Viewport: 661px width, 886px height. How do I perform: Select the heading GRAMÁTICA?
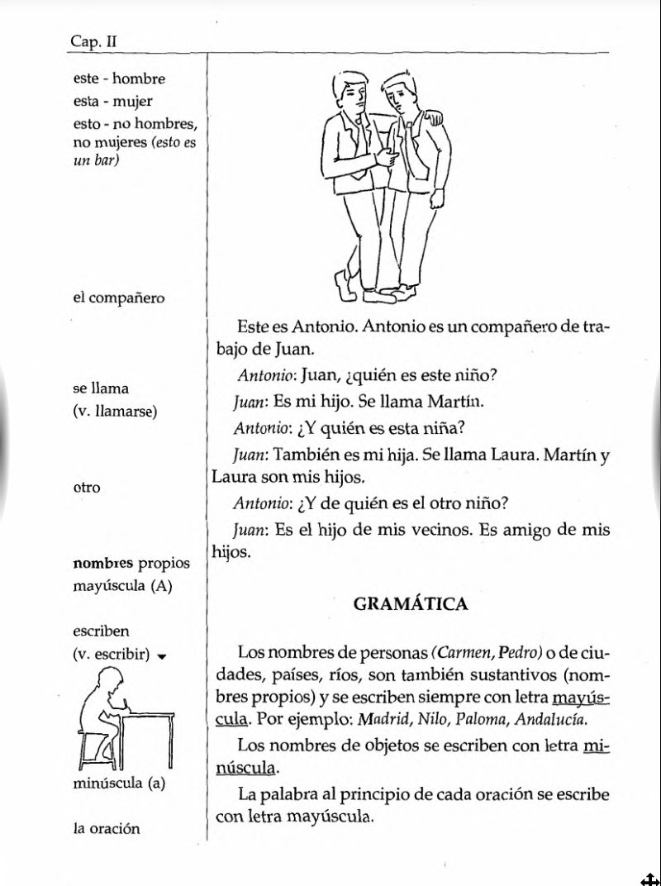pos(410,604)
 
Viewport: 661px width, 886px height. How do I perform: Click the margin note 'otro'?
pos(87,487)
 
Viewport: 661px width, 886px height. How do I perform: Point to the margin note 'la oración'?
pos(107,827)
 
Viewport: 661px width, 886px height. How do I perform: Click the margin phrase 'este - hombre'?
pos(119,79)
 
